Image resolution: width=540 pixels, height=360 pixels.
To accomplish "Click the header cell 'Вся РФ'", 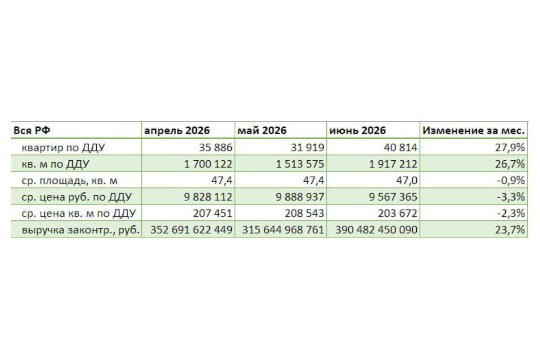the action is click(x=32, y=130).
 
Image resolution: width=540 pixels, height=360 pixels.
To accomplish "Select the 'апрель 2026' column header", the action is click(x=177, y=130).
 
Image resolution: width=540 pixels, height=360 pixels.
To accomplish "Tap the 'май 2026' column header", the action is click(x=262, y=130).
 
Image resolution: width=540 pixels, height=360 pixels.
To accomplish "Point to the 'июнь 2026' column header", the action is click(x=357, y=130).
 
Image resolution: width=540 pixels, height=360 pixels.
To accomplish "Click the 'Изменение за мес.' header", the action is click(x=473, y=130).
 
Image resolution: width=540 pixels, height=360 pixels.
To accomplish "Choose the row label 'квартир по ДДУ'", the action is click(x=63, y=147).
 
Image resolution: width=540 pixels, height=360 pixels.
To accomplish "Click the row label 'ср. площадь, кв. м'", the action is click(x=69, y=180).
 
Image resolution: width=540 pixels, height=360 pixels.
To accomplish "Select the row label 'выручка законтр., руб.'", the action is click(x=81, y=229).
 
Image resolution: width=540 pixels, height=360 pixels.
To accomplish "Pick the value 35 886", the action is click(x=216, y=147).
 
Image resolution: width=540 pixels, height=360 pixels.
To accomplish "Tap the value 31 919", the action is click(x=307, y=147).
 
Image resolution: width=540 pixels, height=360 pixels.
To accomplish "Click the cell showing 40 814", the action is click(x=400, y=147).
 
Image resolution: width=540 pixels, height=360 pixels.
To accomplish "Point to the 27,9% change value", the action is click(x=510, y=147).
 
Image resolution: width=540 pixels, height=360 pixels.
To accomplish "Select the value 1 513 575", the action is click(x=300, y=164).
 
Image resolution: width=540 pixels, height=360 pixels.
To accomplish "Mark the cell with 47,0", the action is click(x=407, y=180).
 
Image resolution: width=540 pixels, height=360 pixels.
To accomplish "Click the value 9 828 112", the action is click(x=208, y=197).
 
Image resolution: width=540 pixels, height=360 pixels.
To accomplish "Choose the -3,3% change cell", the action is click(x=511, y=197).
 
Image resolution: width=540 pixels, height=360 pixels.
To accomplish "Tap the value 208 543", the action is click(x=305, y=213).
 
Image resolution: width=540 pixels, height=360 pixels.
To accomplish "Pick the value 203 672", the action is click(x=397, y=213).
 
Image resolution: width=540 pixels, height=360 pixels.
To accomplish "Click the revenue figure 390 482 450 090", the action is click(x=376, y=229).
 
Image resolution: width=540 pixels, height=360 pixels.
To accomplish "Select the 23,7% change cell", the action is click(x=510, y=229).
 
